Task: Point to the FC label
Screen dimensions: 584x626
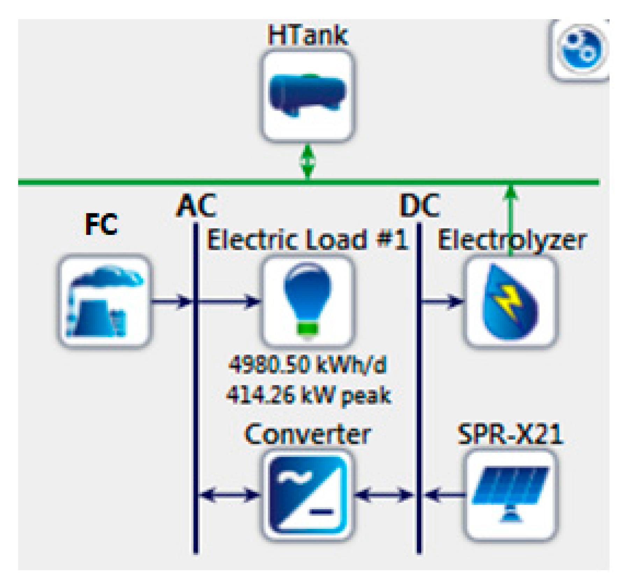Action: coord(101,224)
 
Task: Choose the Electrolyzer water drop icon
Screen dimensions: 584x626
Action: coord(510,301)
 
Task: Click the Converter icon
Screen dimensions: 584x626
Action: coord(308,495)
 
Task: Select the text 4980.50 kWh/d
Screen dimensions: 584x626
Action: coord(308,365)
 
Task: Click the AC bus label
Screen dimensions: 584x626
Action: coord(196,206)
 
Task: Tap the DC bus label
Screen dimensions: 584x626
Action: coord(419,206)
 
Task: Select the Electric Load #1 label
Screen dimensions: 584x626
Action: coord(308,240)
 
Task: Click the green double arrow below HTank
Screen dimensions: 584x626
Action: coord(308,162)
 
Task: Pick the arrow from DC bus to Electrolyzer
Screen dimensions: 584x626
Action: coord(442,301)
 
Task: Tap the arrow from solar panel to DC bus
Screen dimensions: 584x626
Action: coord(444,495)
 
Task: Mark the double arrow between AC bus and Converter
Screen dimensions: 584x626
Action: coord(229,495)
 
